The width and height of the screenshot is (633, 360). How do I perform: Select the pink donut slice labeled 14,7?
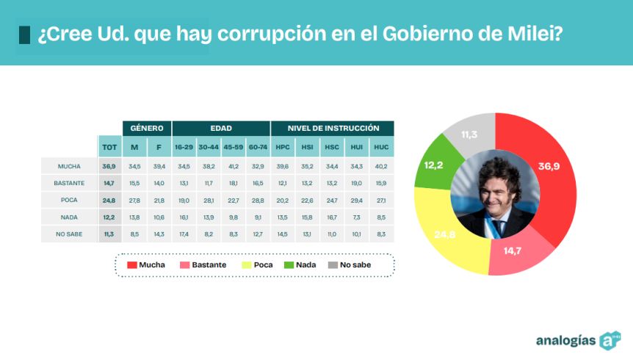pyautogui.click(x=517, y=253)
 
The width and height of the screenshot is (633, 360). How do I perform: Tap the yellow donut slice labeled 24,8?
pyautogui.click(x=448, y=234)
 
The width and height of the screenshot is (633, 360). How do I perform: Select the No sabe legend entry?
pyautogui.click(x=350, y=265)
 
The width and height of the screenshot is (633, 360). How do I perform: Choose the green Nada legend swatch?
pyautogui.click(x=289, y=265)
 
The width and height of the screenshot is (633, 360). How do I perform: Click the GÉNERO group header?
pyautogui.click(x=147, y=129)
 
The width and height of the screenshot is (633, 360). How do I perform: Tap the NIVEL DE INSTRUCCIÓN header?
pyautogui.click(x=333, y=129)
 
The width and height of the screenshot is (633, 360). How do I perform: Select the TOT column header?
pyautogui.click(x=109, y=147)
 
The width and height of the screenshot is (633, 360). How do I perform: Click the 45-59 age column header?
pyautogui.click(x=234, y=147)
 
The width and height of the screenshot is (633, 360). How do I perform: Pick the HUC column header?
pyautogui.click(x=381, y=147)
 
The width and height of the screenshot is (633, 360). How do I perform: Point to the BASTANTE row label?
pyautogui.click(x=69, y=184)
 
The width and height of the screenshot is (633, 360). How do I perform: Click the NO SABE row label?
pyautogui.click(x=69, y=234)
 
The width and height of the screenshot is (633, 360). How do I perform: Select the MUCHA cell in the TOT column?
pyautogui.click(x=109, y=167)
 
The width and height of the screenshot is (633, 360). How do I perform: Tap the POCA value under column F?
pyautogui.click(x=159, y=201)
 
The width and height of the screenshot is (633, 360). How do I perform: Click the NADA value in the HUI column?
pyautogui.click(x=356, y=217)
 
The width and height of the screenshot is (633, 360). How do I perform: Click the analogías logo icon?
pyautogui.click(x=610, y=341)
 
